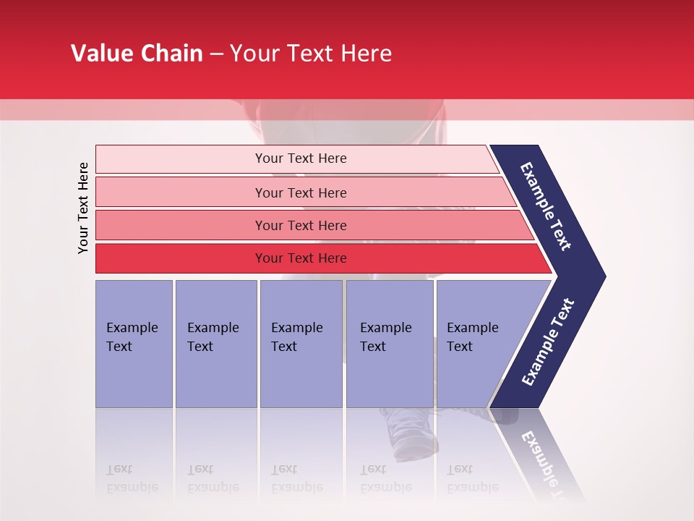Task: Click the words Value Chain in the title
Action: (x=137, y=54)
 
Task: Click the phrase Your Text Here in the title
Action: (x=311, y=54)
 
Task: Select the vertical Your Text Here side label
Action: (x=83, y=208)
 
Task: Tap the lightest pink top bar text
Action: (x=301, y=158)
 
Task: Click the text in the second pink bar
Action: (x=301, y=193)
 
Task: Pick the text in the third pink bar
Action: (x=301, y=226)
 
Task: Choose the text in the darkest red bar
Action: (x=301, y=258)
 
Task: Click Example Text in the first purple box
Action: (x=132, y=337)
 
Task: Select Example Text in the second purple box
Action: (x=213, y=337)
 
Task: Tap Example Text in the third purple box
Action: (x=296, y=337)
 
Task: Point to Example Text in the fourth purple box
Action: (x=385, y=337)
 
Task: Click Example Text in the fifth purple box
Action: (x=472, y=337)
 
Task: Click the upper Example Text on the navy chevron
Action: (x=546, y=206)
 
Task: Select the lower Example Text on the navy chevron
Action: (x=548, y=342)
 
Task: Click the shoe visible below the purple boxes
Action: (x=405, y=434)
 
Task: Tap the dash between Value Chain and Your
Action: (x=216, y=54)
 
